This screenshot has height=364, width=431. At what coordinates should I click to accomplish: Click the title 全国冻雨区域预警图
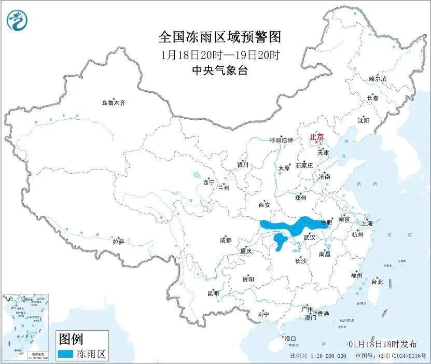219,37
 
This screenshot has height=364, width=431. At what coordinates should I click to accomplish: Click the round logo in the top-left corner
18,20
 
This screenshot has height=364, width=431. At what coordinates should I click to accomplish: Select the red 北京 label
316,137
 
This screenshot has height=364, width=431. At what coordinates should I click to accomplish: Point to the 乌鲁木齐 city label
114,103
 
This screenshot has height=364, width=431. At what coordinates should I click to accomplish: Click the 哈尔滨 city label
378,79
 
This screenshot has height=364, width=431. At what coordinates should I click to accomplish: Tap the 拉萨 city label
118,242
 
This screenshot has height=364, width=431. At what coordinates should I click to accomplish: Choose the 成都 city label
226,240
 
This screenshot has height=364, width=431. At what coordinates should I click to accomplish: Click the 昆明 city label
213,293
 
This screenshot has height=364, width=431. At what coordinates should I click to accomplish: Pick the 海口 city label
290,339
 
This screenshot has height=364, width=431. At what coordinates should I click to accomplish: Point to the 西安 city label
264,205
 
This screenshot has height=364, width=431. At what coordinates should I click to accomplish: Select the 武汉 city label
309,237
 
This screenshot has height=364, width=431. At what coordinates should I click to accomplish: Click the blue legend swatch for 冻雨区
65,354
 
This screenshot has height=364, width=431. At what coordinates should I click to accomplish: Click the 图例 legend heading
71,340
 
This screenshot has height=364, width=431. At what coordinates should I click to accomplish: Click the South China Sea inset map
26,327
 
